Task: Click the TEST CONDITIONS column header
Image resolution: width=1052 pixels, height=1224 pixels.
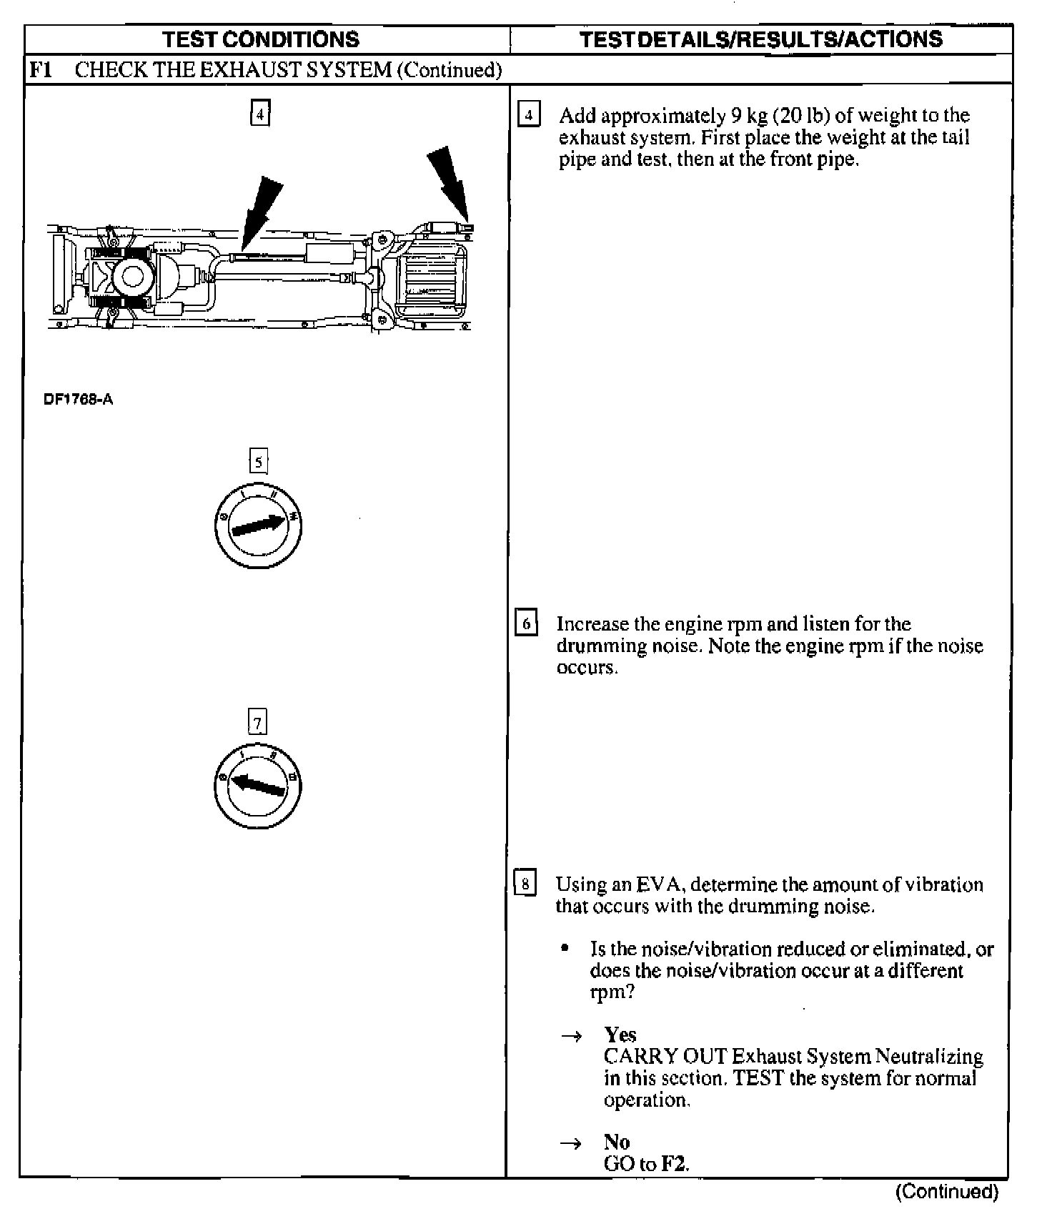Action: pos(260,39)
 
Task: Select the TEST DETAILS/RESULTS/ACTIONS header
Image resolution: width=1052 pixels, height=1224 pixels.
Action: pos(760,39)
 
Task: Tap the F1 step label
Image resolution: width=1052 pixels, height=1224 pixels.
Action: pos(39,70)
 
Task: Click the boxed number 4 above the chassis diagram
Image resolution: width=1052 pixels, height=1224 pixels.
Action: pos(260,114)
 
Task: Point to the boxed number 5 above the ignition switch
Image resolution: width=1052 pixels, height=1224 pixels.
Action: pos(258,462)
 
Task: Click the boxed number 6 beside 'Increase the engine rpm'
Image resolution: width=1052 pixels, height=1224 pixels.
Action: pos(527,623)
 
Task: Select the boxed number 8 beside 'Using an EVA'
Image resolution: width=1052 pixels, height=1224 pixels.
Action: pos(525,884)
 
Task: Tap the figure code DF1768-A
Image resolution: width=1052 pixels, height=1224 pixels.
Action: pos(78,400)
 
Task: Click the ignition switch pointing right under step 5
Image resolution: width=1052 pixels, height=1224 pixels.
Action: pos(258,526)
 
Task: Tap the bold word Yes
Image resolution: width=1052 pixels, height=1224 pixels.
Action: pos(620,1035)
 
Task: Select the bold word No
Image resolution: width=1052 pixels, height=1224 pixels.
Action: pos(616,1142)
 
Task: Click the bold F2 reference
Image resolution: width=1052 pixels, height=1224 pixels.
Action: pos(673,1164)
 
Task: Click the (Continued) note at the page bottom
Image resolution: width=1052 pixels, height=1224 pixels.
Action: pos(946,1192)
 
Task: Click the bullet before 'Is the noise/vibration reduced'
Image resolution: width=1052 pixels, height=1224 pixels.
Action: pos(565,949)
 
